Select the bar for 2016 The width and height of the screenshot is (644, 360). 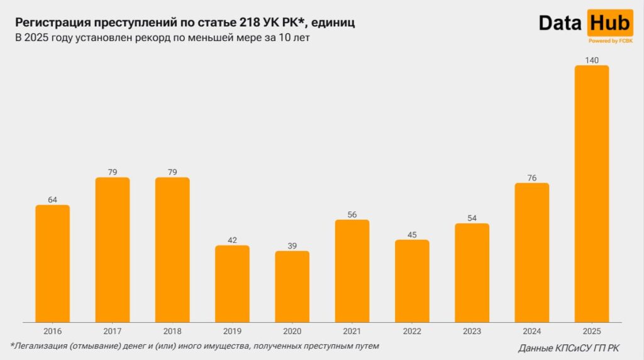[52, 264]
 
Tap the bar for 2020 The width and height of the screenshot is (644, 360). [292, 286]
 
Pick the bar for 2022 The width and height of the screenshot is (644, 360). [412, 281]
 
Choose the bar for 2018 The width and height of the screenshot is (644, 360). [172, 250]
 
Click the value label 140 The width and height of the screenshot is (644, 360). [592, 60]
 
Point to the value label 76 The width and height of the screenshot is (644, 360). [531, 178]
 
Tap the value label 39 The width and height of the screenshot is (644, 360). [292, 246]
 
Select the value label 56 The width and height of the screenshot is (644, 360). [352, 215]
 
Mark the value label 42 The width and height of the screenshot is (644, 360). [232, 240]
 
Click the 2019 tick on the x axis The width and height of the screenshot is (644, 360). [232, 331]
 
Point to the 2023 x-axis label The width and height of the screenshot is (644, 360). [472, 331]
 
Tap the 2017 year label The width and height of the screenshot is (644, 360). [112, 331]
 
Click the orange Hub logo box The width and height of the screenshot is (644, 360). [609, 23]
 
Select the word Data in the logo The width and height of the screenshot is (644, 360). [561, 23]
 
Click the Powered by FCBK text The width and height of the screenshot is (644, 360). [610, 41]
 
